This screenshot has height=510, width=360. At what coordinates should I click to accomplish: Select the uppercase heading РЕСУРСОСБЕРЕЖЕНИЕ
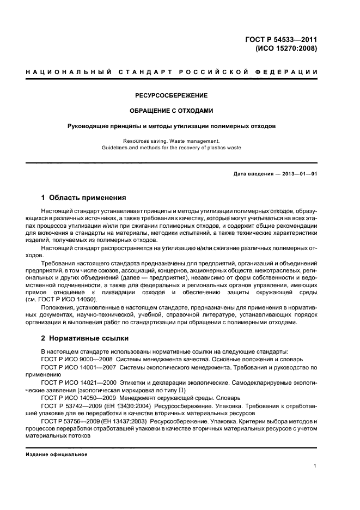[172, 95]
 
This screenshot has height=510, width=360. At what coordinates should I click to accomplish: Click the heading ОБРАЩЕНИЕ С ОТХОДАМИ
[172, 111]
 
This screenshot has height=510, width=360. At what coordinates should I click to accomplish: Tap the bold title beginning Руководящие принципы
[172, 126]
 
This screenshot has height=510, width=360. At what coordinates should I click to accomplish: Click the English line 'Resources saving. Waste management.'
[172, 141]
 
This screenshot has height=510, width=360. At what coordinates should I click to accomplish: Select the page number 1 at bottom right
[315, 466]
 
